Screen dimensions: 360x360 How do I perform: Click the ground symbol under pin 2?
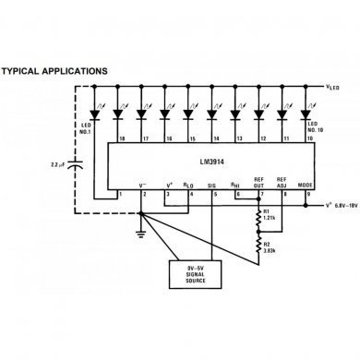pyautogui.click(x=140, y=233)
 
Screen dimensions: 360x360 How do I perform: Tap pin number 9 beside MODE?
pyautogui.click(x=307, y=194)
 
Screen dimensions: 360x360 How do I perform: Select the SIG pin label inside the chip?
pyautogui.click(x=213, y=185)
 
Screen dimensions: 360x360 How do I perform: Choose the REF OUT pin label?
pyautogui.click(x=259, y=182)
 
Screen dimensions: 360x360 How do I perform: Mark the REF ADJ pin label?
pyautogui.click(x=282, y=182)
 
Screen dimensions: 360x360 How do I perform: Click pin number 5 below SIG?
pyautogui.click(x=214, y=194)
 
